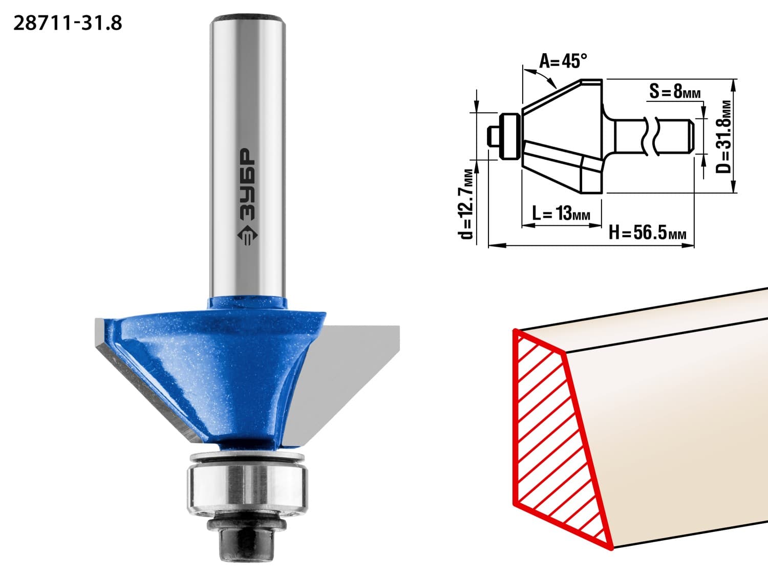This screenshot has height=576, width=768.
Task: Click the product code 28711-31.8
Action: (x=68, y=24)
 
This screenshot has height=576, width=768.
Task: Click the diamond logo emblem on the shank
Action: (x=248, y=235)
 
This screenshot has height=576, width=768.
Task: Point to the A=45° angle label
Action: (x=563, y=61)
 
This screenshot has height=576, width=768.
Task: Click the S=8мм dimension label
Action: (x=675, y=92)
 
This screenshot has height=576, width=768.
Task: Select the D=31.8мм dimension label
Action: (x=723, y=137)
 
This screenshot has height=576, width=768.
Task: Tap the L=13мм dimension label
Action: (x=561, y=213)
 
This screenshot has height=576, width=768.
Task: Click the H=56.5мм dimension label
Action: (x=647, y=232)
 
